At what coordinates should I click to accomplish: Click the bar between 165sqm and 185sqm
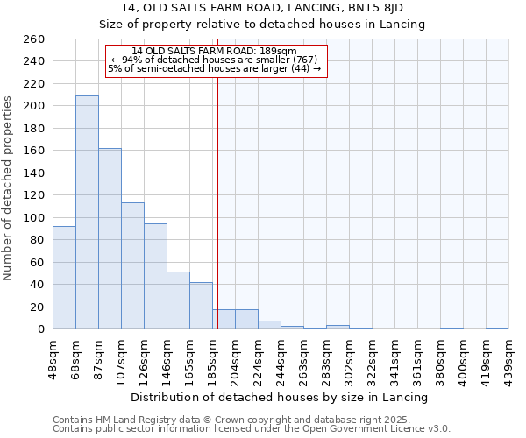click(x=201, y=306)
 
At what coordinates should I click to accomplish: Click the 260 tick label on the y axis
click(x=32, y=39)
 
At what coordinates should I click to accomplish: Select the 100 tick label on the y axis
click(x=32, y=217)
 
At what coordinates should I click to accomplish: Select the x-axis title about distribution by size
click(x=279, y=397)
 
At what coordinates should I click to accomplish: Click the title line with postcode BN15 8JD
click(x=263, y=8)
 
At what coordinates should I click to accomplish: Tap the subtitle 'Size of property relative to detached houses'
click(x=263, y=25)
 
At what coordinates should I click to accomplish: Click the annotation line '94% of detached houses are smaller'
click(x=215, y=60)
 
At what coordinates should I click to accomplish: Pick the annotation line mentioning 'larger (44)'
click(x=215, y=68)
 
